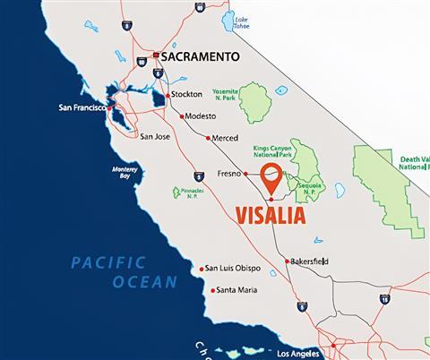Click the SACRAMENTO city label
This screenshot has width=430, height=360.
pos(201,56)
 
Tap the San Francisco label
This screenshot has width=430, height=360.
pos(82,107)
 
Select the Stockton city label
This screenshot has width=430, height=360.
pos(186,94)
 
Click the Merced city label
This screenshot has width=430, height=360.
pos(224,139)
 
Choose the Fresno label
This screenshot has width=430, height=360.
pos(231,174)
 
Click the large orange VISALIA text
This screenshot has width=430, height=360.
pos(269,216)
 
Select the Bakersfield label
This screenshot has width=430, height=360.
pos(310,261)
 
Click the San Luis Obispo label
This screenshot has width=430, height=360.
pos(234,269)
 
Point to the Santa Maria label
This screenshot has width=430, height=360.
pos(236,290)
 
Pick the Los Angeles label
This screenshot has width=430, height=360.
pos(297,353)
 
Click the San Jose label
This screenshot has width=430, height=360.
pos(155,136)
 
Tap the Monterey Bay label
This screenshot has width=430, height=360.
pos(125,172)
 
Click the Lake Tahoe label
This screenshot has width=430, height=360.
pos(241,22)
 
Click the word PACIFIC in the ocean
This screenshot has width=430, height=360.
pos(108,262)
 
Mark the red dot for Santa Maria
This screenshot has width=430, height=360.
pos(212,290)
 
